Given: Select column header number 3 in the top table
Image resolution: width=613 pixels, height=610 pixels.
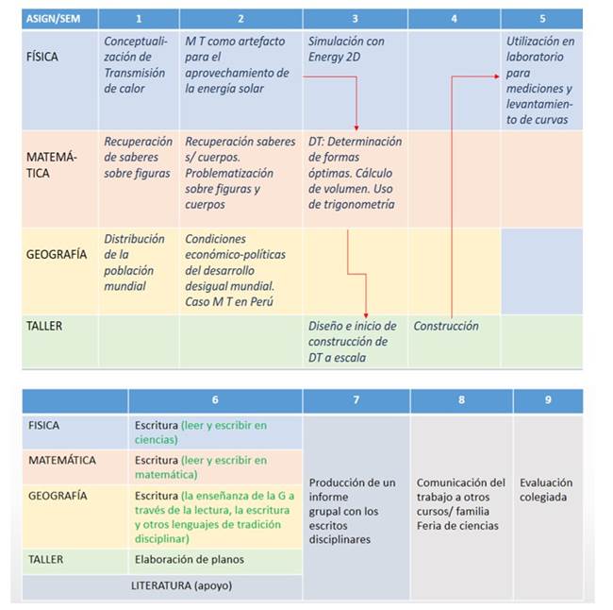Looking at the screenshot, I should tap(355, 18).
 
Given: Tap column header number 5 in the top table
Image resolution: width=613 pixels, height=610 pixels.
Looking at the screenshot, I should tap(541, 18).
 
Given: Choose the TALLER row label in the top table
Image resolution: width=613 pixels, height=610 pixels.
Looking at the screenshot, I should tap(43, 326).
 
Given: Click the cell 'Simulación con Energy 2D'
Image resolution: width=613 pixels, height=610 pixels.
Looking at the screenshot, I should tap(346, 48).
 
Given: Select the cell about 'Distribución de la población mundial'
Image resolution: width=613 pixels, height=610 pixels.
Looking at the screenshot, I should tap(135, 263).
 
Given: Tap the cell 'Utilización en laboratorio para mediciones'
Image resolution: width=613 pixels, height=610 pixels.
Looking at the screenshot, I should tap(540, 80).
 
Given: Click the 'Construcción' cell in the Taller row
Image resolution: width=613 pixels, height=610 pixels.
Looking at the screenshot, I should tap(446, 327).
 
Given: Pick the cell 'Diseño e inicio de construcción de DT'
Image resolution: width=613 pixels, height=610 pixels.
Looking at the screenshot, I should tap(353, 341).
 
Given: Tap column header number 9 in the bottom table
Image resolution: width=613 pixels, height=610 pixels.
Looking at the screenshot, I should tap(547, 400).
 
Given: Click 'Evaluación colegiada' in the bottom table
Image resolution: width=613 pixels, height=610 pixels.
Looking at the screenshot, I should tap(547, 489).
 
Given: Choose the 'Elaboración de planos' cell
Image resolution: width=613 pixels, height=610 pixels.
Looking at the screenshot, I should tap(190, 560).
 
